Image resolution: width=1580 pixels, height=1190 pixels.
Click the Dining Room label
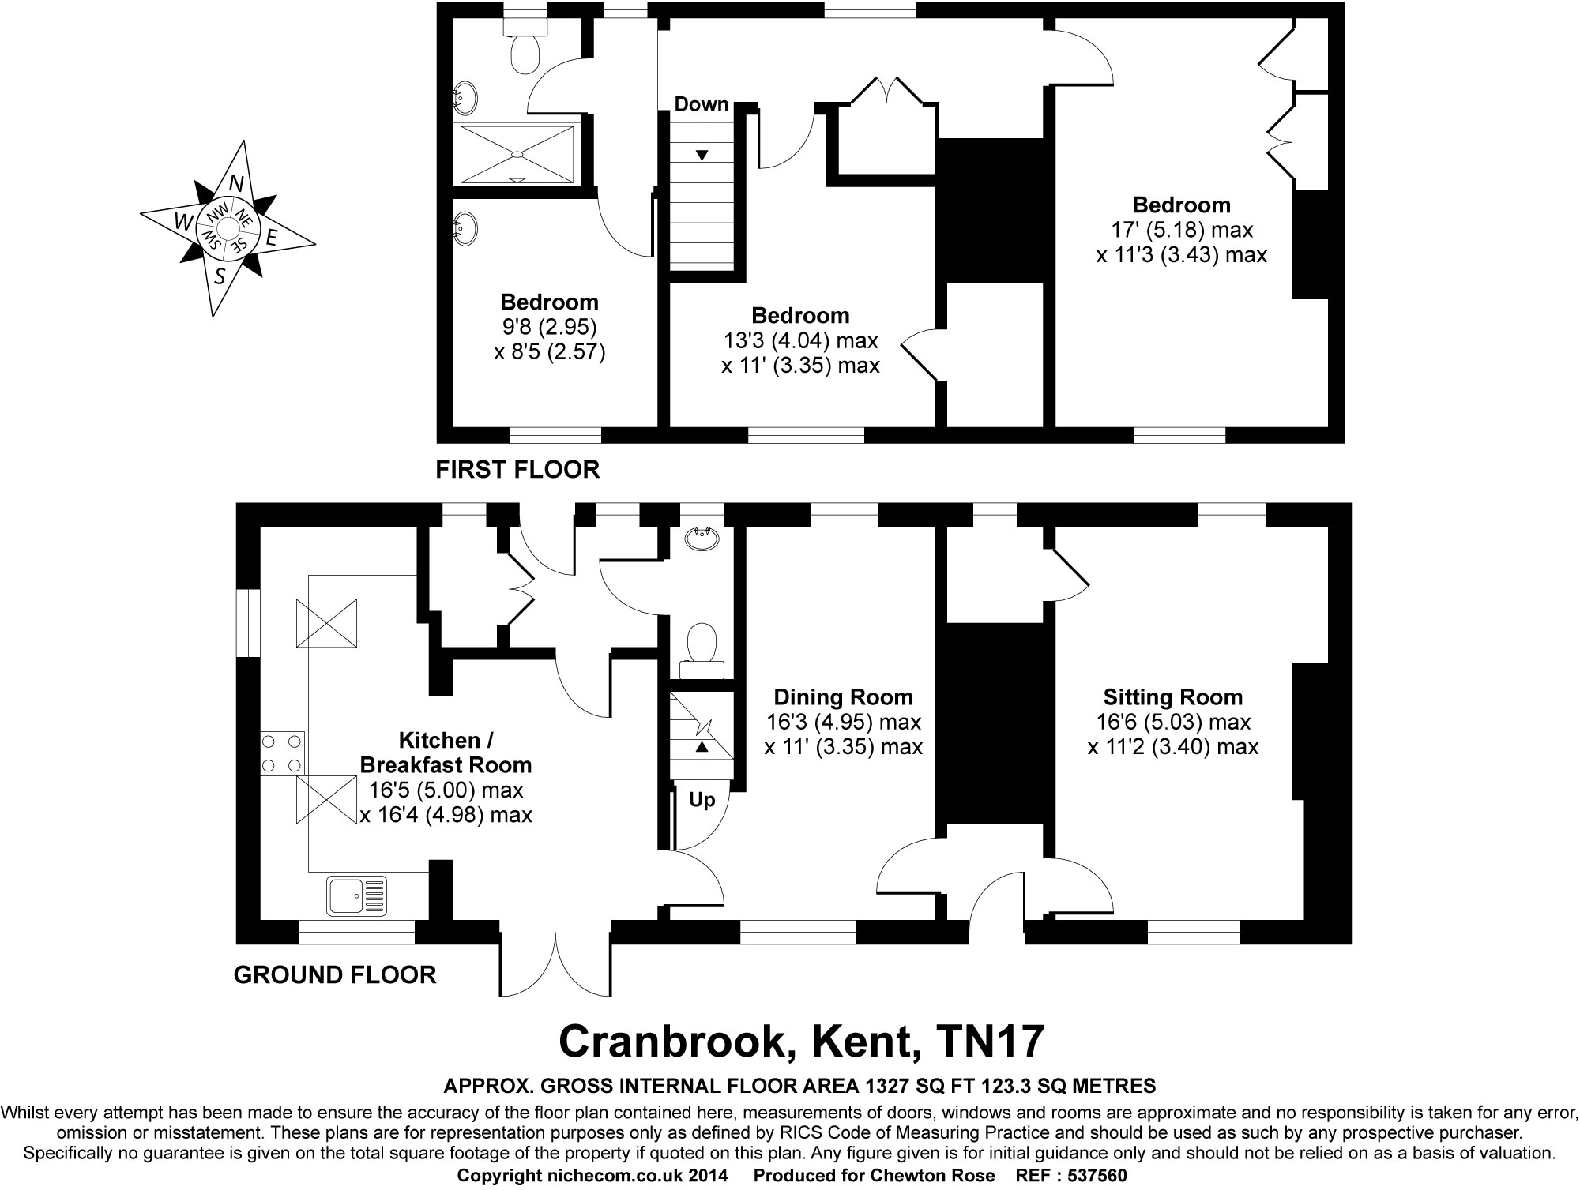843,697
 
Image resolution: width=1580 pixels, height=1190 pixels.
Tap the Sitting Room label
1172,697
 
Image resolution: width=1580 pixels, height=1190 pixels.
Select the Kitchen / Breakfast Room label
446,753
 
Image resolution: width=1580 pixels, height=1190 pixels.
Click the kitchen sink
356,895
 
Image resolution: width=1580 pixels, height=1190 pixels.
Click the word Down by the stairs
701,104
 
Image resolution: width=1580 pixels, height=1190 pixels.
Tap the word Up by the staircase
702,800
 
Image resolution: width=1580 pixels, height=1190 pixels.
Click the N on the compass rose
235,183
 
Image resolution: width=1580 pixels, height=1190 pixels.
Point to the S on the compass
220,276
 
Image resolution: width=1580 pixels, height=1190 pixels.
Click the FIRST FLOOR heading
517,470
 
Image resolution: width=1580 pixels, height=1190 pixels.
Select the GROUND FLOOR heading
335,974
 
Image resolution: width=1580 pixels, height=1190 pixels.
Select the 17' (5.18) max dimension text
1181,230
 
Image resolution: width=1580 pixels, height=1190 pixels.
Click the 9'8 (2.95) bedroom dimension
549,326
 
